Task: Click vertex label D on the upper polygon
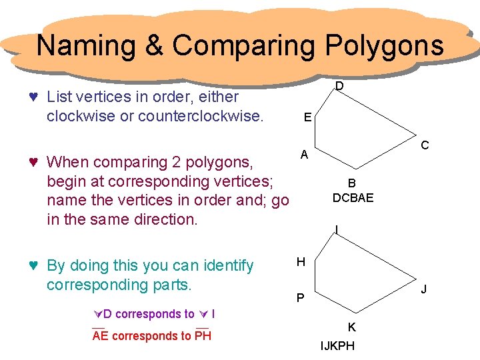(339, 86)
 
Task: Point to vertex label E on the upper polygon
(306, 117)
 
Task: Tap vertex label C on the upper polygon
(425, 145)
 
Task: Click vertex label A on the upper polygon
(303, 155)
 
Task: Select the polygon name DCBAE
(353, 198)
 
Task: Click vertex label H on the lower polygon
(301, 262)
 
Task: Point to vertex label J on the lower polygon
(424, 289)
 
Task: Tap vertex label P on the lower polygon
(301, 297)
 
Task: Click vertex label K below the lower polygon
(351, 327)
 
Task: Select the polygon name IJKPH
(337, 346)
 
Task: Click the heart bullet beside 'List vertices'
(33, 97)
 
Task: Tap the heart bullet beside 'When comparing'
(33, 162)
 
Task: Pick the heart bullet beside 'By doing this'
(33, 265)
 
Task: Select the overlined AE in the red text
(101, 336)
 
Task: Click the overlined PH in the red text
(203, 336)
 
